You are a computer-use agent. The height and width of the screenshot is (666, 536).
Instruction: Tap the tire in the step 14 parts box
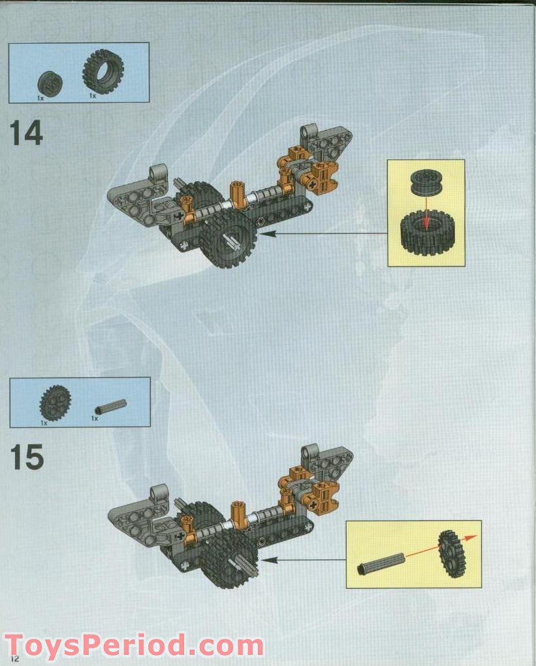102,71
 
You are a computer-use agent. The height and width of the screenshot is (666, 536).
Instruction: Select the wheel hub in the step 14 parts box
47,83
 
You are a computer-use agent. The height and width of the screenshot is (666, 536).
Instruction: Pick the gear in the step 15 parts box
55,403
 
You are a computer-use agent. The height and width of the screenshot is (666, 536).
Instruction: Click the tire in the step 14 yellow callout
426,233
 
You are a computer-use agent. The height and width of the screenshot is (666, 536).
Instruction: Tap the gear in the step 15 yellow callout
450,553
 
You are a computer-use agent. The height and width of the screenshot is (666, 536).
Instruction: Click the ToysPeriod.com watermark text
134,645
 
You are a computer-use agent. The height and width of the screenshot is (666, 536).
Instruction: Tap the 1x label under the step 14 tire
93,96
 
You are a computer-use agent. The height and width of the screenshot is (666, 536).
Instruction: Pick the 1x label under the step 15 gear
44,423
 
